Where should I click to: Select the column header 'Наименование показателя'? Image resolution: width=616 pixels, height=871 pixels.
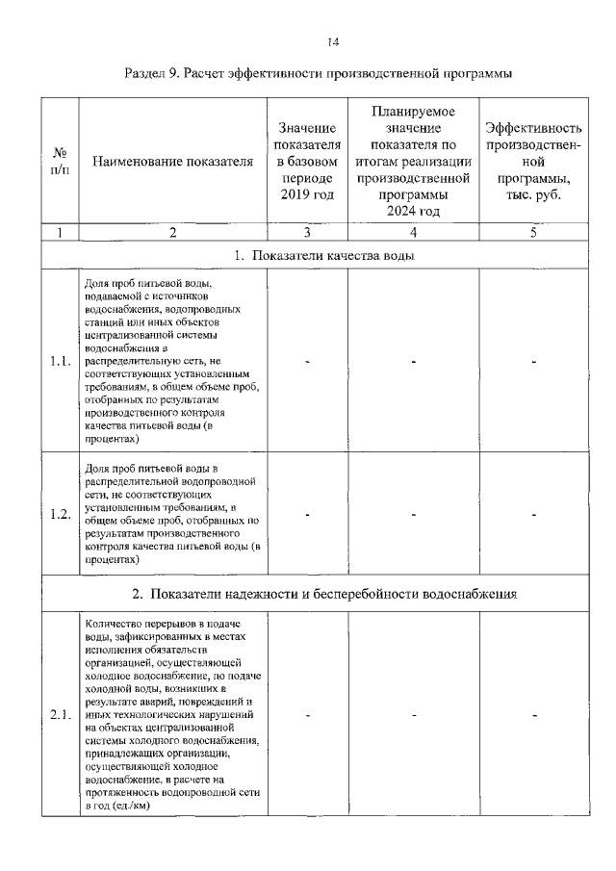click(x=172, y=162)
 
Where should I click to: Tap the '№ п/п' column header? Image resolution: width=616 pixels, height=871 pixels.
click(x=60, y=162)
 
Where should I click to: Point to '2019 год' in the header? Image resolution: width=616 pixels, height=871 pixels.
click(x=307, y=195)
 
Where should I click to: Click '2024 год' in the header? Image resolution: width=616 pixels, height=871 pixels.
click(x=413, y=212)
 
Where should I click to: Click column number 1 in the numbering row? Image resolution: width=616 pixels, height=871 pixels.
click(x=60, y=232)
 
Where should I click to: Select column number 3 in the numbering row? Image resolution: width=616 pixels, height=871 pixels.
click(x=307, y=232)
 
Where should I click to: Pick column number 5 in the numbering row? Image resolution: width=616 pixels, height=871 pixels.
click(x=533, y=232)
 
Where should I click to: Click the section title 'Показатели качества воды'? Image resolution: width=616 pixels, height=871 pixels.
click(x=324, y=255)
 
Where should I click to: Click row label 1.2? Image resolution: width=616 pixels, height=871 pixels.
click(x=60, y=514)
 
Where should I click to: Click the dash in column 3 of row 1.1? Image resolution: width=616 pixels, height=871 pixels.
click(x=307, y=362)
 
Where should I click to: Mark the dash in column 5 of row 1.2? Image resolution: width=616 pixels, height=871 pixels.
click(x=533, y=514)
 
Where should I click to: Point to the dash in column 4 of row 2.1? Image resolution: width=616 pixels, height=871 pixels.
click(x=413, y=715)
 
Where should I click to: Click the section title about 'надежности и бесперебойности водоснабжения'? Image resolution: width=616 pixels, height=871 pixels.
click(x=324, y=593)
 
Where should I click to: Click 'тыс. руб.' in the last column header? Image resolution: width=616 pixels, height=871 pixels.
click(x=533, y=195)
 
